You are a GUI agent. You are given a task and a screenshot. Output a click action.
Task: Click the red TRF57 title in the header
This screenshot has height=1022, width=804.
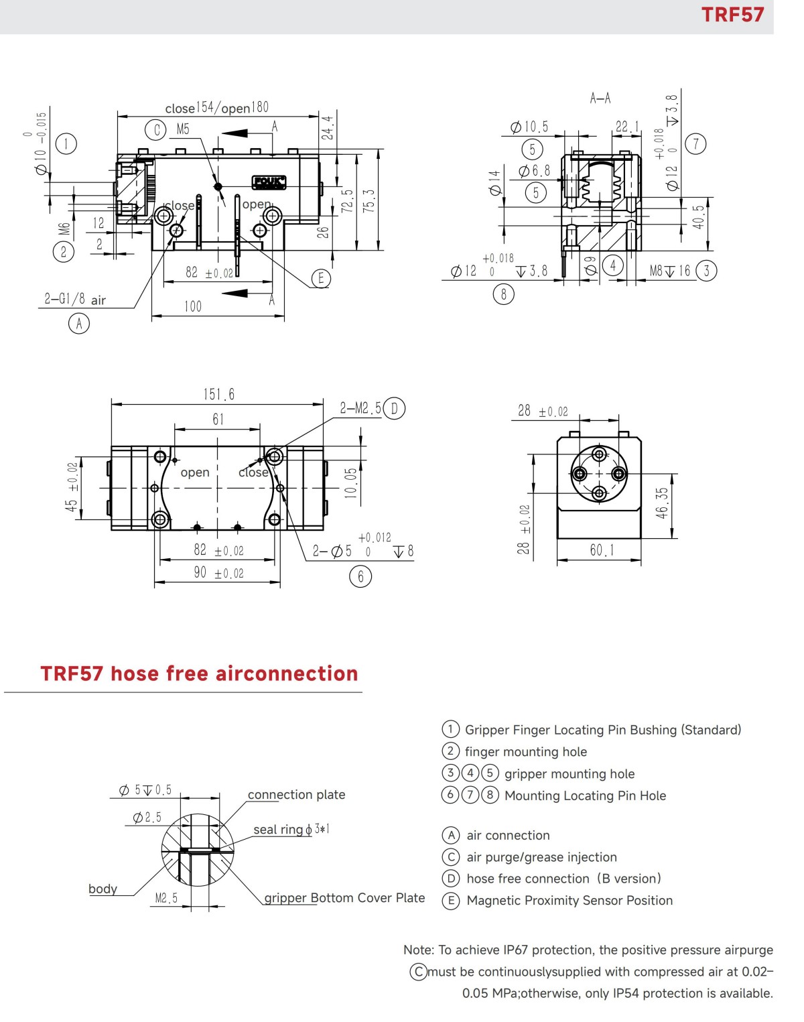[x=732, y=15]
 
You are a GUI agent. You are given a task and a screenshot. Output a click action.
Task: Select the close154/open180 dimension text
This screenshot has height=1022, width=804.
[x=216, y=108]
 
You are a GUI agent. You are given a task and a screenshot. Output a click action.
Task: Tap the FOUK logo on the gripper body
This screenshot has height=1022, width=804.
[x=269, y=182]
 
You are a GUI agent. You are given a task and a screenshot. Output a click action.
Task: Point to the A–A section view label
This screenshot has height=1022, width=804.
[x=600, y=99]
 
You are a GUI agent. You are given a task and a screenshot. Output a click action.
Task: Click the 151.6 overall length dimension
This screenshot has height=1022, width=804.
[x=219, y=394]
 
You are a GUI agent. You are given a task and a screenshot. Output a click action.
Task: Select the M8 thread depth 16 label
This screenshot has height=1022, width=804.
[x=670, y=271]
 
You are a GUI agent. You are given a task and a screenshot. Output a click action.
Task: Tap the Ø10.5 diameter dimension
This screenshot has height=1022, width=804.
[x=529, y=127]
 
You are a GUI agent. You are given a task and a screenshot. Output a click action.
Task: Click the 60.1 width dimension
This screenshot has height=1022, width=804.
[x=601, y=550]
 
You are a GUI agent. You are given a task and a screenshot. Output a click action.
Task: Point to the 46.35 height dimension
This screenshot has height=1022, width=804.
[x=662, y=502]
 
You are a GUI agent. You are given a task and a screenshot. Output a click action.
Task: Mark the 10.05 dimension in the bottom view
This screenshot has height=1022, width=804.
[x=350, y=483]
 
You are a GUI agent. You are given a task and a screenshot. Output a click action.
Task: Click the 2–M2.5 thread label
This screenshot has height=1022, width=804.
[x=360, y=408]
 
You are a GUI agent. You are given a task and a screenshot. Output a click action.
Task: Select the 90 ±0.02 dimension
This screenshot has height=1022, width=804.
[x=218, y=573]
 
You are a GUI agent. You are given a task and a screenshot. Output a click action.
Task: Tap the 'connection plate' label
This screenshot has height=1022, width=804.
[x=296, y=795]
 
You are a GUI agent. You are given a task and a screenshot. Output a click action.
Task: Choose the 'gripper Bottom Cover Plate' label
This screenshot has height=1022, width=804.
[x=344, y=898]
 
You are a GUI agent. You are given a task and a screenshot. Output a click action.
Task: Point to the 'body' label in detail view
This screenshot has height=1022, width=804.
[x=103, y=889]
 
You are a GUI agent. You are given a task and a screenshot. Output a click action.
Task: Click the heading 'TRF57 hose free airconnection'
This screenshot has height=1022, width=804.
[x=199, y=674]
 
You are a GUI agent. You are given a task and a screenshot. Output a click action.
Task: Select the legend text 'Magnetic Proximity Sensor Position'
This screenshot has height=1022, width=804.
[x=569, y=901]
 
